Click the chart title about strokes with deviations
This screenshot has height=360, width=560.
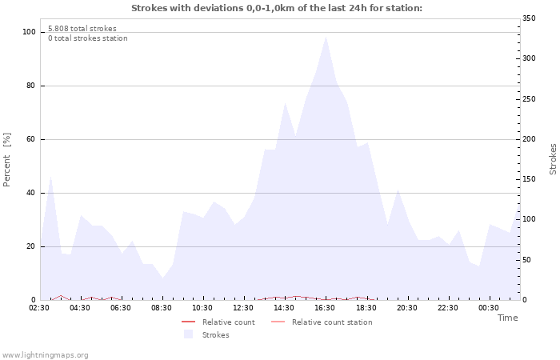pyautogui.click(x=276, y=8)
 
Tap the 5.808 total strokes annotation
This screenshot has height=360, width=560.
pyautogui.click(x=82, y=29)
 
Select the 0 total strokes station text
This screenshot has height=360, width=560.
pyautogui.click(x=87, y=38)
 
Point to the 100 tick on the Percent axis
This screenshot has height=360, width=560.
pyautogui.click(x=30, y=32)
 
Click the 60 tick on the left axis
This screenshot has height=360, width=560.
pyautogui.click(x=31, y=139)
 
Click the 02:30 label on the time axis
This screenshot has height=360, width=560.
pyautogui.click(x=39, y=308)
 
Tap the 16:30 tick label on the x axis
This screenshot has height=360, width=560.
pyautogui.click(x=325, y=308)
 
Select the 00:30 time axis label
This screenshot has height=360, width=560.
pyautogui.click(x=488, y=308)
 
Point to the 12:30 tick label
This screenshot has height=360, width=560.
pyautogui.click(x=243, y=308)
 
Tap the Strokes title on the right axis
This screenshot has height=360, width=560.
pyautogui.click(x=553, y=158)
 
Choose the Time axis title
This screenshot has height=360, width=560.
pyautogui.click(x=507, y=318)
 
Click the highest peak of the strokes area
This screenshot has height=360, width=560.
pyautogui.click(x=326, y=36)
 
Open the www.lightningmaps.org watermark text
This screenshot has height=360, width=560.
pyautogui.click(x=45, y=355)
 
